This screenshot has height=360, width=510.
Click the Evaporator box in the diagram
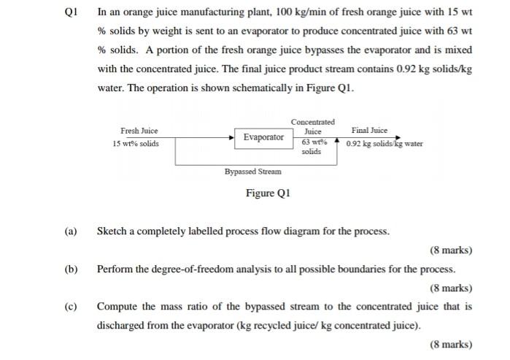coord(263,137)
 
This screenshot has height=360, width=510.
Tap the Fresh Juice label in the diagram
coord(139,131)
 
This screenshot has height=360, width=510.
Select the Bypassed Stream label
coord(252,172)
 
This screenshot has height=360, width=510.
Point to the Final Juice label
coord(369,130)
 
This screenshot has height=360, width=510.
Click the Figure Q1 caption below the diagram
coord(268,194)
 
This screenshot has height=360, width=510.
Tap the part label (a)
coord(70,231)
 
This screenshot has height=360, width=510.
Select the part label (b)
coord(70,269)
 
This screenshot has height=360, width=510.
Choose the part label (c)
coord(70,307)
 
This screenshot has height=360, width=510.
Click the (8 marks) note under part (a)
coord(451,250)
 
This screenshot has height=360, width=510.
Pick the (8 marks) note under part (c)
coord(451,345)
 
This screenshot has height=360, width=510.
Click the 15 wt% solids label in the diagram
coord(136,144)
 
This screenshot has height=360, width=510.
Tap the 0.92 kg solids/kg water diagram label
coord(385,144)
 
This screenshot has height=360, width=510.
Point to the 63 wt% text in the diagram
coord(313,142)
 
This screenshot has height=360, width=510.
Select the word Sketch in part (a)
coord(113,231)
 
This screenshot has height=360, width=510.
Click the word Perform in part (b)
coord(116,269)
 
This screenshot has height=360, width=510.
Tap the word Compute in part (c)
coord(118,307)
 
